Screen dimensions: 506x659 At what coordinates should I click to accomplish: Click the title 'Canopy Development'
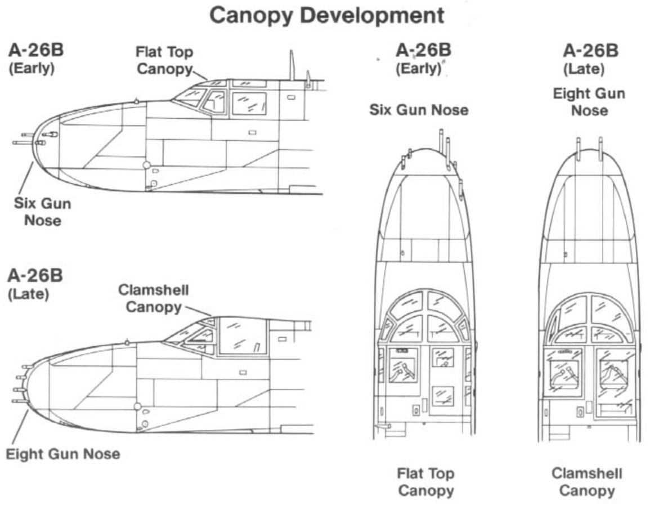point(326,15)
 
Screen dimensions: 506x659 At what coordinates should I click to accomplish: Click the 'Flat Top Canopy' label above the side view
point(164,60)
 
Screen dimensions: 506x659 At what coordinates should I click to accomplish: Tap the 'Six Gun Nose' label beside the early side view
point(43,211)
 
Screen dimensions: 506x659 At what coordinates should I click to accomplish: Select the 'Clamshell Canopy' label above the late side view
point(153,298)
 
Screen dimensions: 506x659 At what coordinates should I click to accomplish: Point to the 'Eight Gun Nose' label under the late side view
point(63,454)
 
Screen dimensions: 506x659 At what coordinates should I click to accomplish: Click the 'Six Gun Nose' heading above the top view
point(419,110)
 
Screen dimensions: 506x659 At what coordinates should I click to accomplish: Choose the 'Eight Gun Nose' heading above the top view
point(589,101)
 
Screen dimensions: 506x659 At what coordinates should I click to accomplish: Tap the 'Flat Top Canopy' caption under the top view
point(425,482)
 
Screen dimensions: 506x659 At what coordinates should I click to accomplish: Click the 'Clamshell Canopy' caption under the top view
point(586,482)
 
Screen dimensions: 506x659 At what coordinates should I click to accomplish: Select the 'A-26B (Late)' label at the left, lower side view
point(35,284)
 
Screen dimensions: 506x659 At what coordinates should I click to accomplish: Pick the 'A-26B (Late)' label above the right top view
point(590,59)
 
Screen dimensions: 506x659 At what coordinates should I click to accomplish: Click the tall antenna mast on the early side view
point(292,65)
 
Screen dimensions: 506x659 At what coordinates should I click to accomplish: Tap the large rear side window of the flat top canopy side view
point(249,104)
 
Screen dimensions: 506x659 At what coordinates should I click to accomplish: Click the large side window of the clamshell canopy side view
point(243,335)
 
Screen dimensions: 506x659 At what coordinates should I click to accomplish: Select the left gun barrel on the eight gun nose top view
point(578,149)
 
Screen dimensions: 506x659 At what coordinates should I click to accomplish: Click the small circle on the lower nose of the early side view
point(146,165)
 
